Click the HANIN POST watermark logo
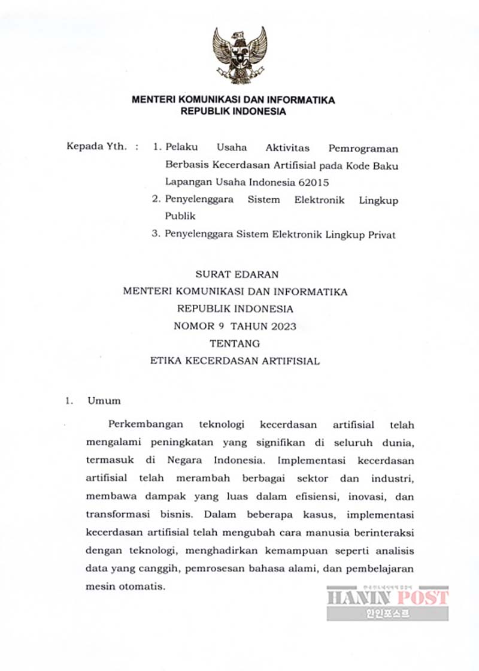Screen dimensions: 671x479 [387, 602]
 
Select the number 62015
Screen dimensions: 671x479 [312, 182]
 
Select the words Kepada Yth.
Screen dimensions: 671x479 [96, 147]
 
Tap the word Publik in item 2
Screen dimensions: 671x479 [180, 216]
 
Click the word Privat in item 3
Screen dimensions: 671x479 [380, 234]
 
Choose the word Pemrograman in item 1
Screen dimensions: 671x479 [363, 147]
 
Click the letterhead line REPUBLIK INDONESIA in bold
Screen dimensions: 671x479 [234, 111]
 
